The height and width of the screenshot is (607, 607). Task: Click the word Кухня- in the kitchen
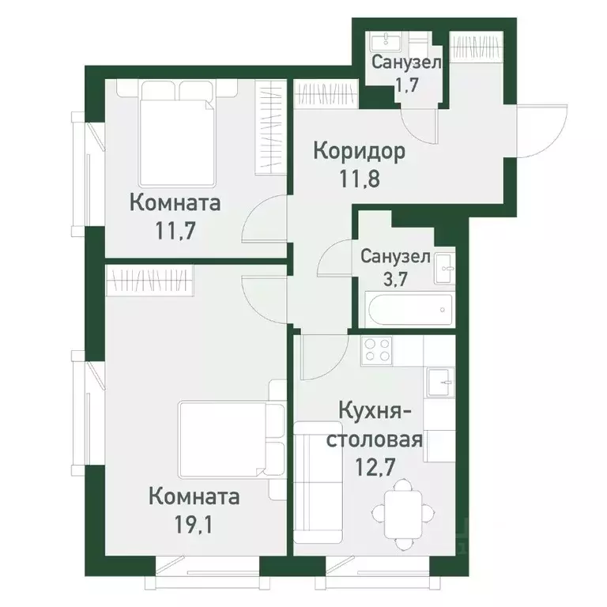click(375, 411)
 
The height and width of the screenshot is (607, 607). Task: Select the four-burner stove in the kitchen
click(376, 350)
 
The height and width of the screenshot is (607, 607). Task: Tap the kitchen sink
click(439, 384)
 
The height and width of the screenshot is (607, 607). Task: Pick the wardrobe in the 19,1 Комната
click(150, 280)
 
